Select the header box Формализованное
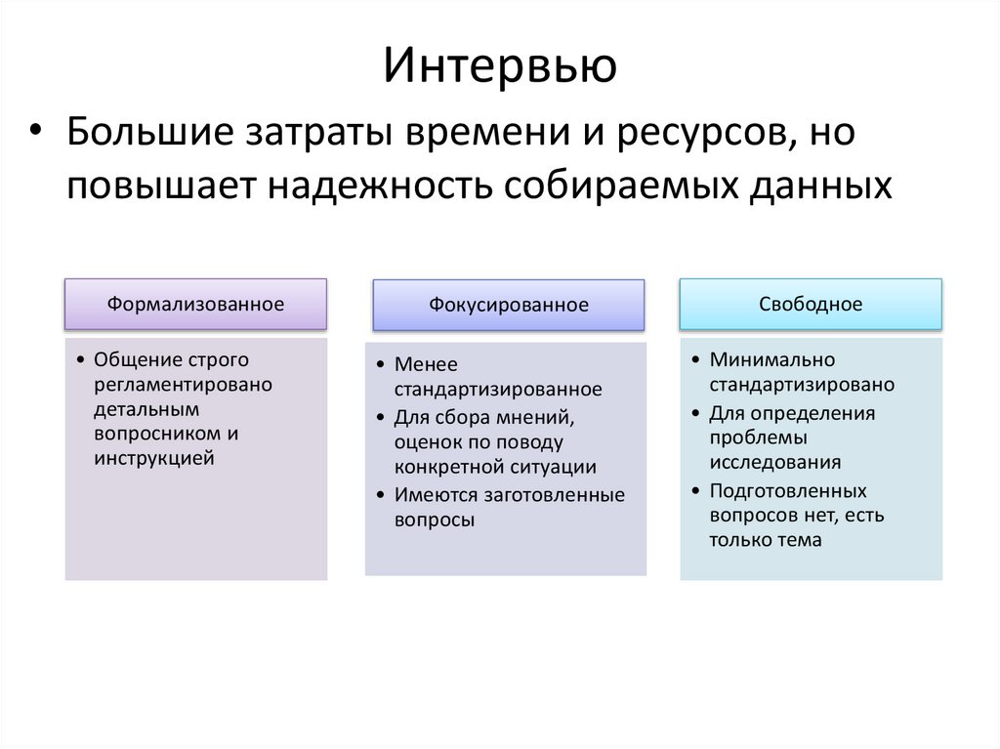coord(195,304)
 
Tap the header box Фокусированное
coord(508,305)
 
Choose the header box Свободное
coord(811,304)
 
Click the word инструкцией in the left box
coord(154,456)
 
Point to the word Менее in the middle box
coord(426,364)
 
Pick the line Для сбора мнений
coord(484,417)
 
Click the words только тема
coord(766,540)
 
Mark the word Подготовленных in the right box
coord(788,490)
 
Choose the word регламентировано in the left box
coord(184,384)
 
